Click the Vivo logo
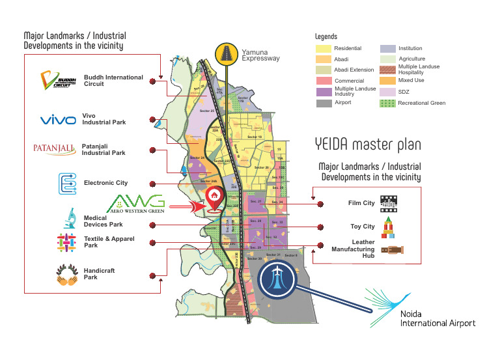pos(59,120)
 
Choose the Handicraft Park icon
pos(68,277)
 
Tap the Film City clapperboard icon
pos(389,202)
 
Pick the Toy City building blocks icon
pos(387,226)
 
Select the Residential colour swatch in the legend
pos(324,49)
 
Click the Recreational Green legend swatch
pos(388,103)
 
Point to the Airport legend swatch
pos(324,103)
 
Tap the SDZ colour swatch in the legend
pos(388,92)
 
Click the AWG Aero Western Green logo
pos(136,203)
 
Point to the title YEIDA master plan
pos(368,143)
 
